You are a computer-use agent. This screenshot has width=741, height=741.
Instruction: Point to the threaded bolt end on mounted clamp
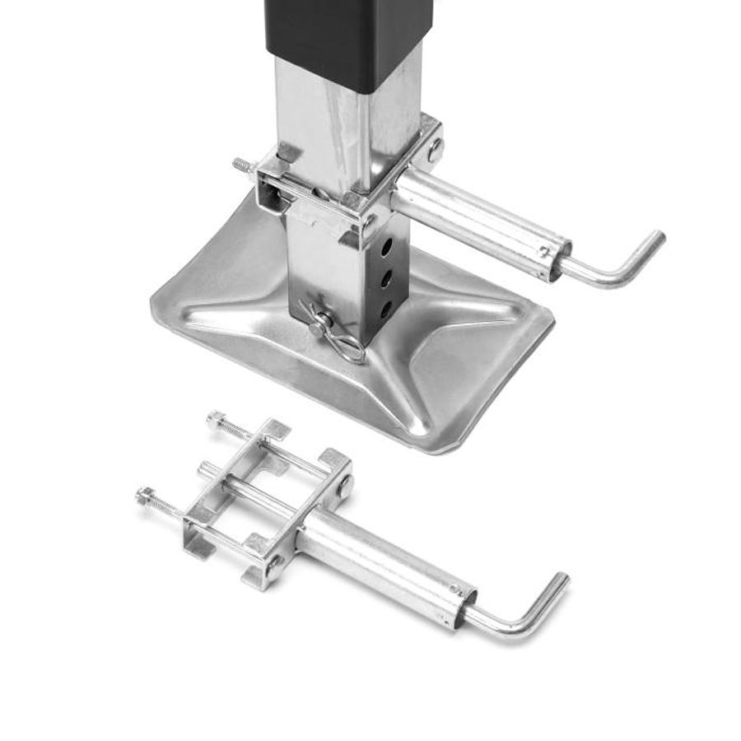(241, 165)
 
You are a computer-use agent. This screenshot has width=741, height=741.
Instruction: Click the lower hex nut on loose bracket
(145, 495)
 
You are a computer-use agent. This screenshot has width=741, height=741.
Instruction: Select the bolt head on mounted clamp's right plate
(434, 150)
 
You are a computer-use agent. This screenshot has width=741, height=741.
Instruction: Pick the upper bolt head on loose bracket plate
(344, 485)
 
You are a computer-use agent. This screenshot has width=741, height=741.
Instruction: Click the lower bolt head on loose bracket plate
(273, 565)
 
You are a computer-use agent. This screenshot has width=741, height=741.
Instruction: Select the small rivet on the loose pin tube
(454, 590)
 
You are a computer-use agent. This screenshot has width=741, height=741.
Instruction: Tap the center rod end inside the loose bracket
(204, 469)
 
